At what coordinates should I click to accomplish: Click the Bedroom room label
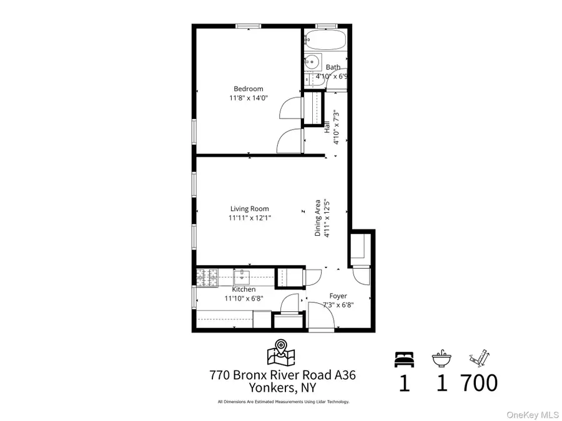click(249, 89)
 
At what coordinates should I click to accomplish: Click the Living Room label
click(249, 209)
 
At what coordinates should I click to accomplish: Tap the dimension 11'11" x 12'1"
click(249, 218)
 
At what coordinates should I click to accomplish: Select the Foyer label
click(338, 296)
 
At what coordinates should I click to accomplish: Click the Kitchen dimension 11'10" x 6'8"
click(244, 298)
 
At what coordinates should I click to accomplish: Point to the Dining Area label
click(318, 218)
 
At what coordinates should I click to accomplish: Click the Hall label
click(327, 127)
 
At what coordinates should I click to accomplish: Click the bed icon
click(403, 359)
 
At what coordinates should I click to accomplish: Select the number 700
click(479, 382)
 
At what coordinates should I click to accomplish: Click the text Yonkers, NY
click(282, 387)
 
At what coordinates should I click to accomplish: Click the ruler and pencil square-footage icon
click(478, 359)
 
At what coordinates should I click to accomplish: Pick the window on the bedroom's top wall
click(248, 26)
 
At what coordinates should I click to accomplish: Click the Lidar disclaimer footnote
click(283, 402)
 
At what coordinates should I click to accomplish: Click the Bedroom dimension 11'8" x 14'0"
click(249, 98)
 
